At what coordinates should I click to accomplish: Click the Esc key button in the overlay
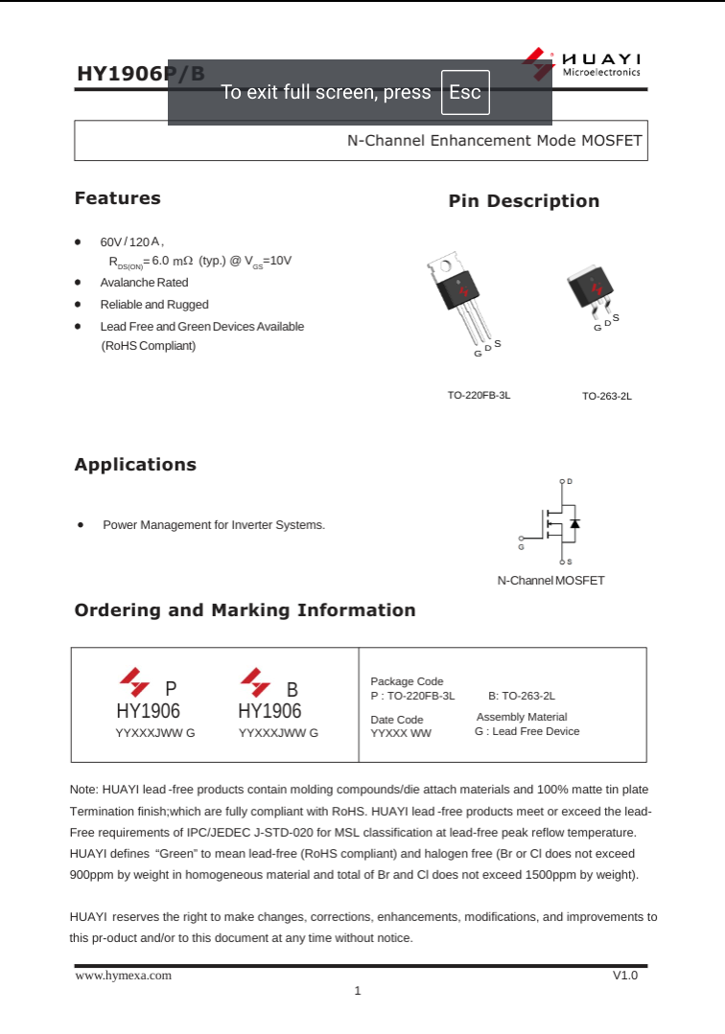(465, 93)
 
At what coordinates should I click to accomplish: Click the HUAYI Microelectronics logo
(584, 64)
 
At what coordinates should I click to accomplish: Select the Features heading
(118, 198)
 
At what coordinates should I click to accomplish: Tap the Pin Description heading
(524, 201)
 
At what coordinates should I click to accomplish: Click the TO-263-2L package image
(591, 291)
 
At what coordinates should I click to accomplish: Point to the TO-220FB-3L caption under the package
(479, 395)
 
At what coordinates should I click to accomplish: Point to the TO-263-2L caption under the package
(607, 396)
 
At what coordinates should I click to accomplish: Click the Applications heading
(135, 465)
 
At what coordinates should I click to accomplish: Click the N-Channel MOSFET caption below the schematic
(550, 581)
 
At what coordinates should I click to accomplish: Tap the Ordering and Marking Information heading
(245, 610)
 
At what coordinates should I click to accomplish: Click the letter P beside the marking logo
(171, 689)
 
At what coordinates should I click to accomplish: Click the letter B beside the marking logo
(292, 689)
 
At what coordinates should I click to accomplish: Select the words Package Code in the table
(407, 681)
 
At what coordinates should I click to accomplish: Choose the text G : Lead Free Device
(526, 731)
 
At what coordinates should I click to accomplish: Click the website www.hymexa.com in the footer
(124, 976)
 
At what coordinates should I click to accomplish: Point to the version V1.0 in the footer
(624, 976)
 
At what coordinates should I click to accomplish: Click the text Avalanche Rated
(144, 283)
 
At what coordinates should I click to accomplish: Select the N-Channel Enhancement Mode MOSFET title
(494, 140)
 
